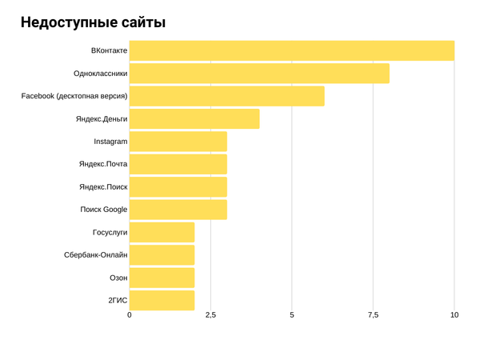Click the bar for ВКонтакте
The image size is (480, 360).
click(x=291, y=50)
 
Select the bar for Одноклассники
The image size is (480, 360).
click(x=259, y=74)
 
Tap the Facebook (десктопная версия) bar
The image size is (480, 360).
click(x=226, y=96)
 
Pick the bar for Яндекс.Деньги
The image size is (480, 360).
click(x=194, y=118)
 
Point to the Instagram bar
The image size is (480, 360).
click(x=178, y=142)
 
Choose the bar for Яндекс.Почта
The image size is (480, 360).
click(x=178, y=164)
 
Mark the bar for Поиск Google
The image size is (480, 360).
click(x=178, y=210)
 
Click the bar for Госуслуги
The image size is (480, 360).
click(x=162, y=232)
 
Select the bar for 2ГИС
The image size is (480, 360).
click(x=162, y=300)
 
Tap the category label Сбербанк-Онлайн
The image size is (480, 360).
click(x=95, y=255)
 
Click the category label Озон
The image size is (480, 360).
click(x=118, y=278)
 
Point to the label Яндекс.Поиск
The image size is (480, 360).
click(x=102, y=187)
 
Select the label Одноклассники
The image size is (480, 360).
click(x=100, y=74)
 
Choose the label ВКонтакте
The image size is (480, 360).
click(x=109, y=50)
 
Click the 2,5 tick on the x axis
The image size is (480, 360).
click(x=210, y=315)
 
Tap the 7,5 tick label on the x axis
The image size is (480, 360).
click(x=373, y=315)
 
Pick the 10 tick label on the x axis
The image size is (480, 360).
click(x=454, y=315)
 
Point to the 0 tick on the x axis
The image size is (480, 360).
click(x=130, y=315)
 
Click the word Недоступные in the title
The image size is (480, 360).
click(x=70, y=22)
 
